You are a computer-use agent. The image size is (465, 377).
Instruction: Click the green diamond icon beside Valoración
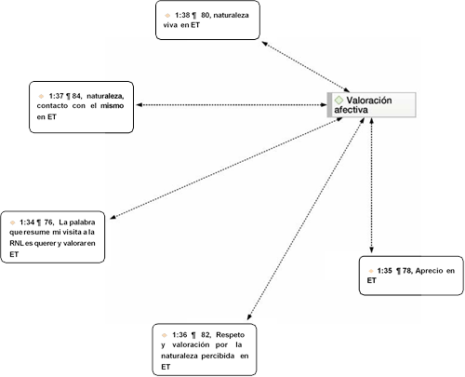point(339,101)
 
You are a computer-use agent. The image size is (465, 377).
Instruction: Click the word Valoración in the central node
point(369,101)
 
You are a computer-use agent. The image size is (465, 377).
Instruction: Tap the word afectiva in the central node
point(351,110)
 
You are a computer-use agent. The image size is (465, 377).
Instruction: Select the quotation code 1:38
point(182,15)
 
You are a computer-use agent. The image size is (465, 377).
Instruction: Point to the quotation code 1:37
point(56,96)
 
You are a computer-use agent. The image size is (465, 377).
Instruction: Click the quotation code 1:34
point(27,222)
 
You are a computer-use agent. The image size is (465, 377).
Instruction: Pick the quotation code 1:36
point(179,335)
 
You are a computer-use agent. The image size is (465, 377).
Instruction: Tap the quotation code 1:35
point(384,271)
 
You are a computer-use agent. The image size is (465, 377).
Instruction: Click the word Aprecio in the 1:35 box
point(429,271)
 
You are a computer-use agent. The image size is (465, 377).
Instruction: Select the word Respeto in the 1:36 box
point(230,335)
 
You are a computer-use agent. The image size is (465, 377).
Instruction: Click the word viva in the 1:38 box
point(170,25)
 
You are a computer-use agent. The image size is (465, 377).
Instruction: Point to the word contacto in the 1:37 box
point(52,106)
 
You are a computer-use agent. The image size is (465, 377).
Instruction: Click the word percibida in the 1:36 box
point(218,356)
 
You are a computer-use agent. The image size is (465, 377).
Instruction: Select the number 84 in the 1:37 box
point(76,96)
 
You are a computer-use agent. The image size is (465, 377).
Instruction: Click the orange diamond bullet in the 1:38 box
point(167,15)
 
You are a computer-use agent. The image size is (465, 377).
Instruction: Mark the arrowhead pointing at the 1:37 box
point(139,105)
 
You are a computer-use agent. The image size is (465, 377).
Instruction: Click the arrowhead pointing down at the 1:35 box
point(371,250)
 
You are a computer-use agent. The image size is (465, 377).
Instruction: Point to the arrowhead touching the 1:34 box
point(113,217)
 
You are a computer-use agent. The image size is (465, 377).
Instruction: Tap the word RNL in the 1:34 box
point(17,243)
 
